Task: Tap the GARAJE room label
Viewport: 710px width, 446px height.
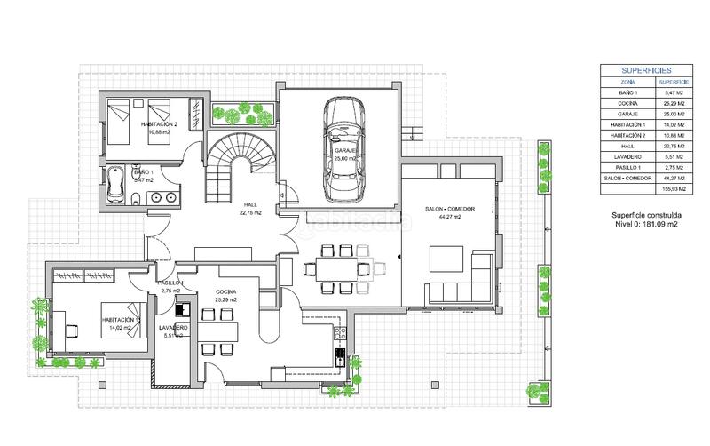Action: [x=344, y=152]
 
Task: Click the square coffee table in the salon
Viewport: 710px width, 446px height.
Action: [x=446, y=258]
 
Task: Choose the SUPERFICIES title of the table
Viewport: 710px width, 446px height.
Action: [x=647, y=68]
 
